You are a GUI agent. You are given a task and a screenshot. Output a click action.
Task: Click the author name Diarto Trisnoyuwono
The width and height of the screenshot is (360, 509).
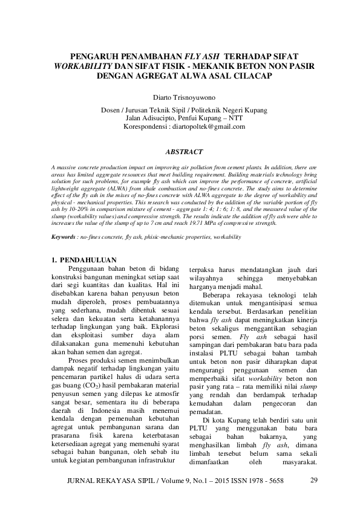click(180, 96)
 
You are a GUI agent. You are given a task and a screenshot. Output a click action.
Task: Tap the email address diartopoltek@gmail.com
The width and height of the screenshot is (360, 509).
click(209, 127)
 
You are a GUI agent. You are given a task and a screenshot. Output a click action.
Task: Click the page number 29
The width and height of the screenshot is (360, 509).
click(313, 481)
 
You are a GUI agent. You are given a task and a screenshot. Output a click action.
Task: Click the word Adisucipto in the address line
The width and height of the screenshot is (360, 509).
click(163, 118)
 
